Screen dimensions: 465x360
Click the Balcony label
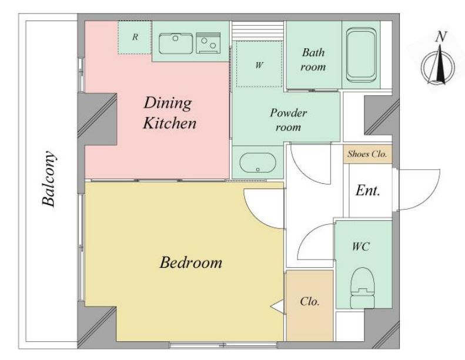click(49, 179)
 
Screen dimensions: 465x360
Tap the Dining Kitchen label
click(170, 113)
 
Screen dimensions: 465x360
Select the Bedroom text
click(190, 263)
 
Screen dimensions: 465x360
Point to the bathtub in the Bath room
click(361, 55)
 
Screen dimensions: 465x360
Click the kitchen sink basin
click(176, 43)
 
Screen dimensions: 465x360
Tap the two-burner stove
click(208, 43)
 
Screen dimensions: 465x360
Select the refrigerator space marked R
click(135, 38)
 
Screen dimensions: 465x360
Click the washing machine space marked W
click(259, 64)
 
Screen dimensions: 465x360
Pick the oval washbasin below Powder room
click(257, 163)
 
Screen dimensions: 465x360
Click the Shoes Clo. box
click(367, 154)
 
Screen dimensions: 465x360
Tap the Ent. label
click(368, 190)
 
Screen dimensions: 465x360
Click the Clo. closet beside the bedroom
click(310, 305)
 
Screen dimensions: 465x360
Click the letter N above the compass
click(441, 37)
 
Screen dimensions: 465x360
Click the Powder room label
click(288, 120)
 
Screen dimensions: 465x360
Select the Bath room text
click(313, 59)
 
